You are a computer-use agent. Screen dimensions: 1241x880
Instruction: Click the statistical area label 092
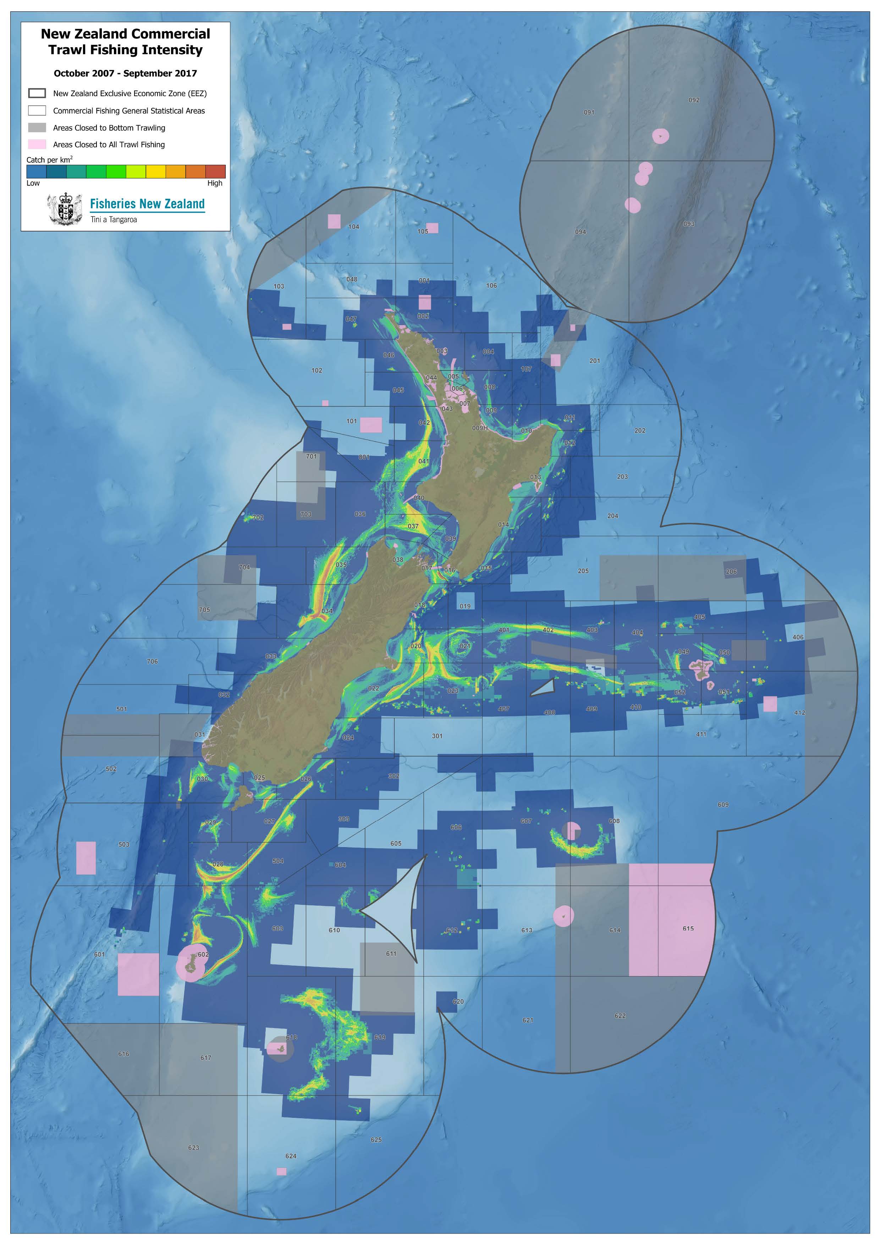[694, 100]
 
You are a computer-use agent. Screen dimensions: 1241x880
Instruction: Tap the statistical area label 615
[688, 928]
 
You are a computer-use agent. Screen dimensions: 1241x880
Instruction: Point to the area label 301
[437, 736]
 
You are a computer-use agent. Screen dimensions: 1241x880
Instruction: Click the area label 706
[152, 661]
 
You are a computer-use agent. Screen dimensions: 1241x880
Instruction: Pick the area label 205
[583, 571]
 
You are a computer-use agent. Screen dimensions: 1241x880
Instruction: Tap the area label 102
[317, 371]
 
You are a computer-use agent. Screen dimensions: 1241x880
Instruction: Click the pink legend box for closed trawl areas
[37, 144]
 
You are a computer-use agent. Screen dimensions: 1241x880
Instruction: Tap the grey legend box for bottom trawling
[37, 127]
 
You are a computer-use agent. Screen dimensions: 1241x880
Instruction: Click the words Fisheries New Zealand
[147, 204]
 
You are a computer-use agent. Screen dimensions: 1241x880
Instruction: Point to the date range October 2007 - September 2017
[125, 73]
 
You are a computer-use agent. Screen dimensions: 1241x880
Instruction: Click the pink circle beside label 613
[563, 916]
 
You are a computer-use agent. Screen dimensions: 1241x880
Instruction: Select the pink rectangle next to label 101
[371, 425]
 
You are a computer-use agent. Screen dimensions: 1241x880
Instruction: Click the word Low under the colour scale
[33, 183]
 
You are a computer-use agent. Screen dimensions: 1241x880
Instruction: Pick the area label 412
[799, 713]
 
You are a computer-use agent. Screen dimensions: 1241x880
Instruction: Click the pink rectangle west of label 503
[86, 858]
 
